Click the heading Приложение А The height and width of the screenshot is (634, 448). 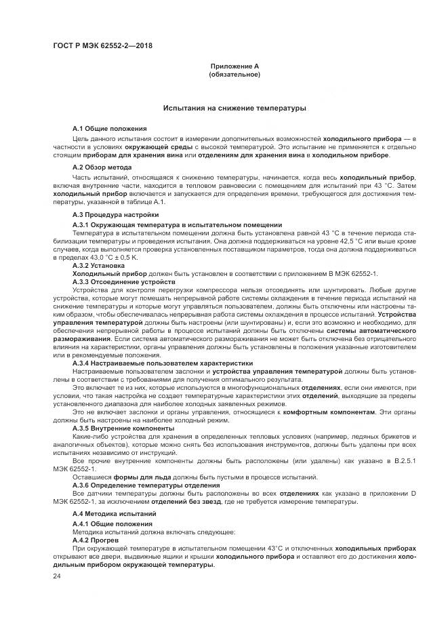click(235, 66)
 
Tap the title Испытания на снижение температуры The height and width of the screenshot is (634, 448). click(235, 108)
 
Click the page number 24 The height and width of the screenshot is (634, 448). click(56, 576)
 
